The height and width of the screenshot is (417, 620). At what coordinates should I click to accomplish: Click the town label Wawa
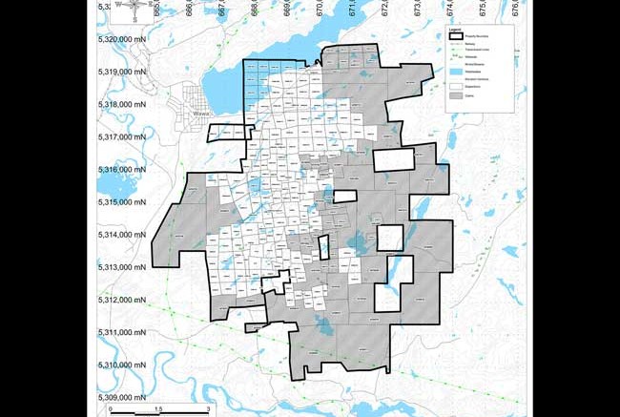[x=200, y=113]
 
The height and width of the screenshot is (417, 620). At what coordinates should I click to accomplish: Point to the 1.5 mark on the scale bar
[x=159, y=409]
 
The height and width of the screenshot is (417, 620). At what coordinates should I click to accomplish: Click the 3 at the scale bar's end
[x=208, y=409]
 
